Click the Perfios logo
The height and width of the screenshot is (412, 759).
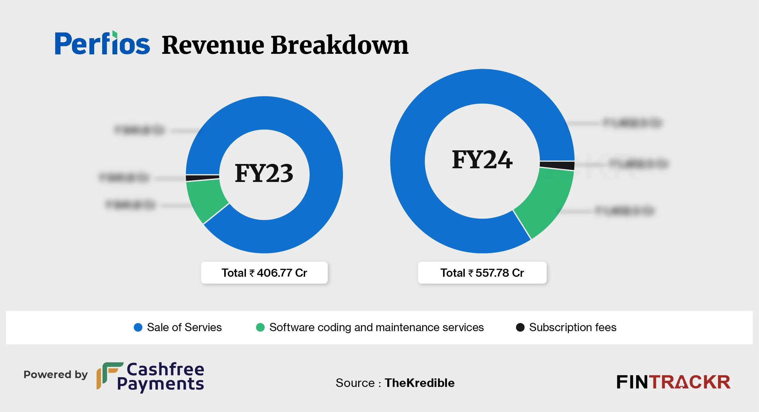pos(102,44)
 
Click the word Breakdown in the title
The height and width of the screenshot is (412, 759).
pos(340,45)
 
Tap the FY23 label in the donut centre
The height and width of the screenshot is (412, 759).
pos(264,173)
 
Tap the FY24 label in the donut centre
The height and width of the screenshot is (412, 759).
pos(482,160)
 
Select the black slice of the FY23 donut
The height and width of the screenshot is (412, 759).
pos(202,178)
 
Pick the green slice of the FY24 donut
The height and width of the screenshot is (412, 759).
pos(547,200)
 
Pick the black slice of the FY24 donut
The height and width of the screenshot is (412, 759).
pos(557,166)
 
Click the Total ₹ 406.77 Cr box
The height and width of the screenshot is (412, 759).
pos(264,273)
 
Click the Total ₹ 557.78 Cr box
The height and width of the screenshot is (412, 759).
pos(482,273)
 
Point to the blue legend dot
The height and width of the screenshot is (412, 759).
pos(138,327)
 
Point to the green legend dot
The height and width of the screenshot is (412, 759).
pos(260,327)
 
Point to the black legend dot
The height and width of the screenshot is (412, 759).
pos(520,327)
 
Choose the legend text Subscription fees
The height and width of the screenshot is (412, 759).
pos(573,327)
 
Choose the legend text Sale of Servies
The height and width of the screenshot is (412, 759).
pos(184,327)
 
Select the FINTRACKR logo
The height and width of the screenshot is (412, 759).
pos(673,382)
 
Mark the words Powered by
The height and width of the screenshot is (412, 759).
pos(56,375)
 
